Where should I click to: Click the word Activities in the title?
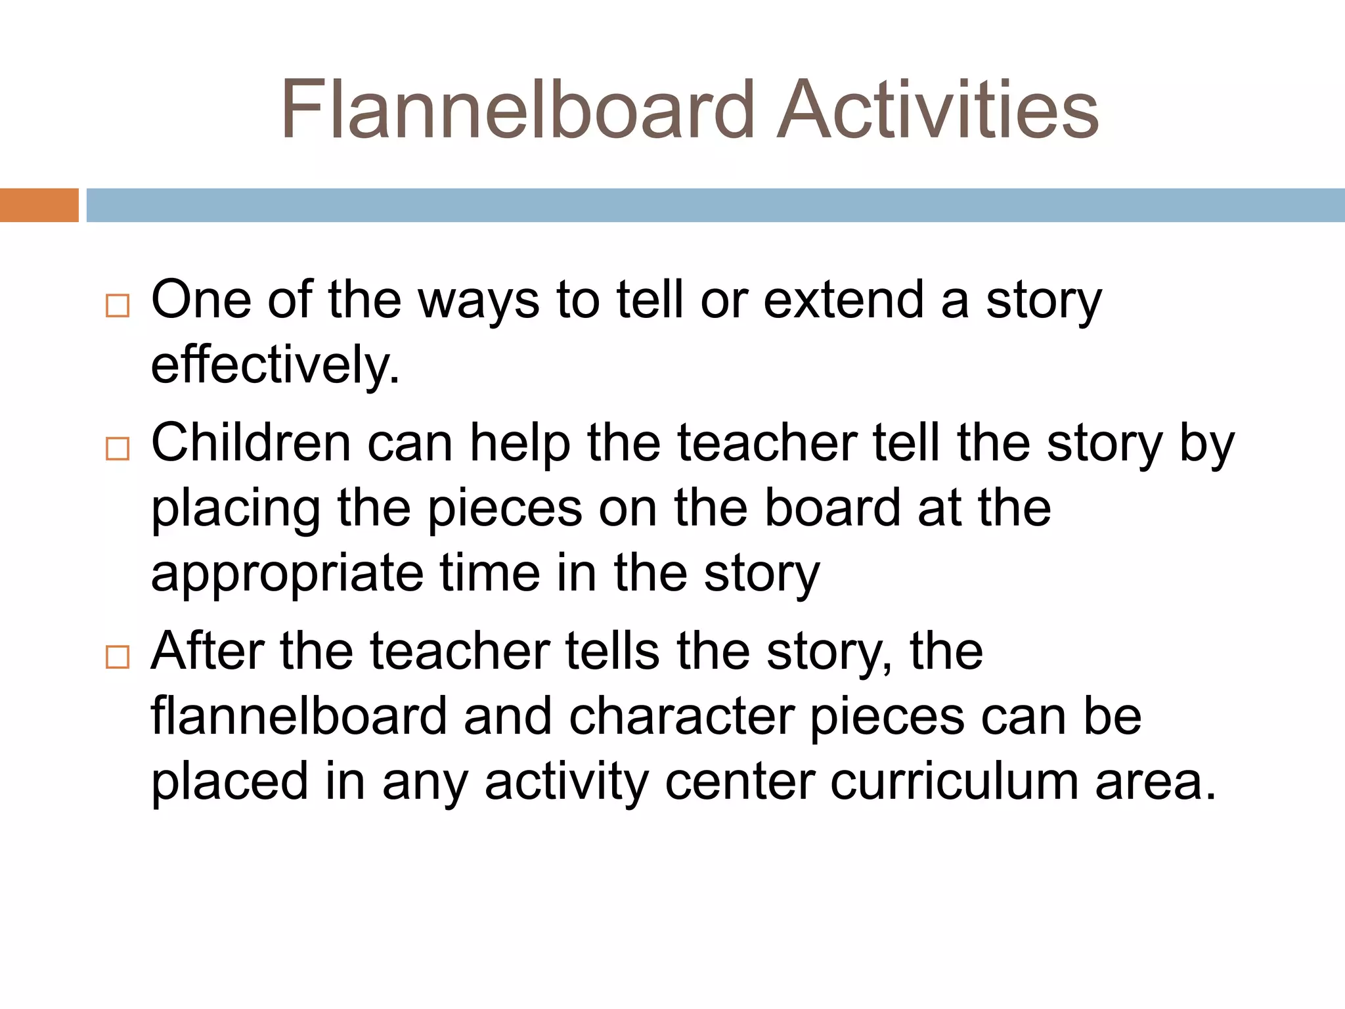[x=937, y=110]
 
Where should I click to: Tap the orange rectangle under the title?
[x=39, y=205]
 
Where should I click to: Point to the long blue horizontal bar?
[x=715, y=205]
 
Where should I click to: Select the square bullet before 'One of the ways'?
[x=118, y=306]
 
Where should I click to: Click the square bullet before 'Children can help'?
[x=118, y=449]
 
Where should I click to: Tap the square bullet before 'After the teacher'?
[x=118, y=657]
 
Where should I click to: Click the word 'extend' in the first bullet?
[x=844, y=300]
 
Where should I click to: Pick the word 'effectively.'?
[x=275, y=365]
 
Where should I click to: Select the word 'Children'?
[x=251, y=443]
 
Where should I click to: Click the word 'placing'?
[x=236, y=510]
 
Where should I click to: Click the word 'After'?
[x=208, y=651]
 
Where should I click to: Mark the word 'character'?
[x=681, y=716]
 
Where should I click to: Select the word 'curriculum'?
[x=954, y=782]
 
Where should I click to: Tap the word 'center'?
[x=739, y=782]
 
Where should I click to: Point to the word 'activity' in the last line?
[x=567, y=783]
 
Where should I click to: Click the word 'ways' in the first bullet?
[x=479, y=302]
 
